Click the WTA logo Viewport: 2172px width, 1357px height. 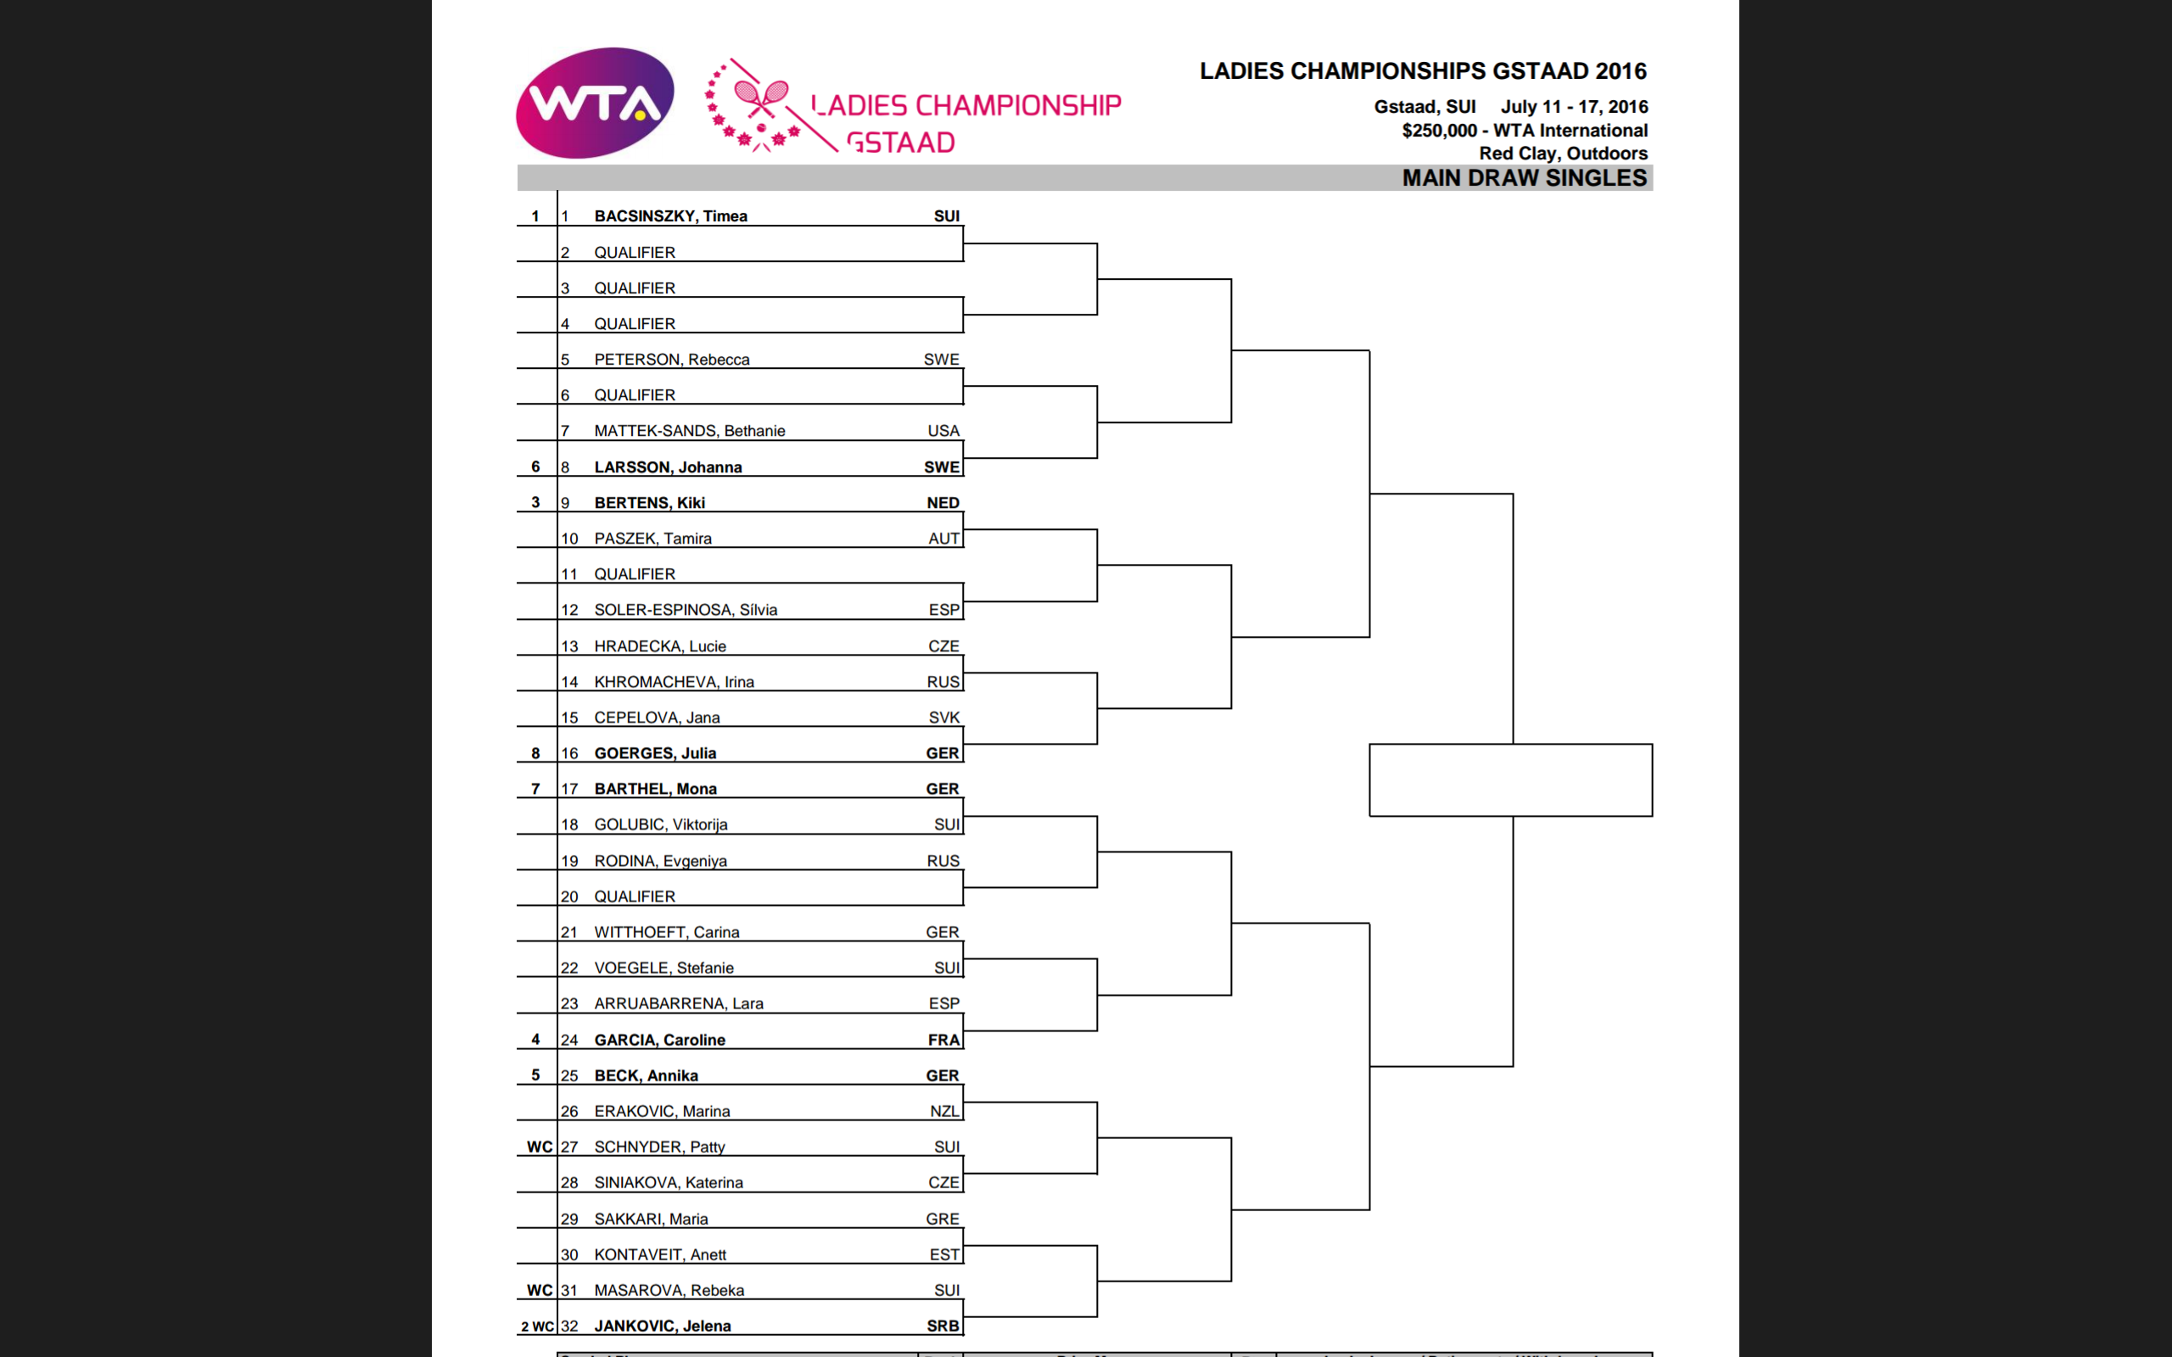click(x=594, y=103)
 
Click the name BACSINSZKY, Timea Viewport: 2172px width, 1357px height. click(x=670, y=216)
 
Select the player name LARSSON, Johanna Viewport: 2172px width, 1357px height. click(x=668, y=467)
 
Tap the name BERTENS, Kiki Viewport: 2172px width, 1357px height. click(x=649, y=503)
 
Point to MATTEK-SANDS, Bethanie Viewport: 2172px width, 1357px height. click(x=689, y=431)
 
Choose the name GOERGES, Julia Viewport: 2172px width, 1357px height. click(x=654, y=753)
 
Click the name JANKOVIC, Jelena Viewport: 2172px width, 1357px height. click(x=663, y=1326)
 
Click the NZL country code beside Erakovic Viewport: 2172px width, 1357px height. click(x=943, y=1111)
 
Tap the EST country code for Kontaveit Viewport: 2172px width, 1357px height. click(x=944, y=1254)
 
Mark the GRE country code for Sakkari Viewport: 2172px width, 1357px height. click(x=943, y=1219)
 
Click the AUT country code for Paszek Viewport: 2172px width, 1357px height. click(x=943, y=539)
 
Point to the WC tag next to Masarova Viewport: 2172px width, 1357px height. click(x=540, y=1291)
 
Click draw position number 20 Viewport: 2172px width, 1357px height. click(x=569, y=896)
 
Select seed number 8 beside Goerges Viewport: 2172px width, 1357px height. click(x=536, y=753)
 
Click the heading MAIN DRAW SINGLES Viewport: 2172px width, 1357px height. click(x=1524, y=178)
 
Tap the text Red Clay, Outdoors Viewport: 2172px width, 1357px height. click(x=1563, y=154)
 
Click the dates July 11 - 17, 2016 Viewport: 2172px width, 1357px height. click(x=1574, y=107)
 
